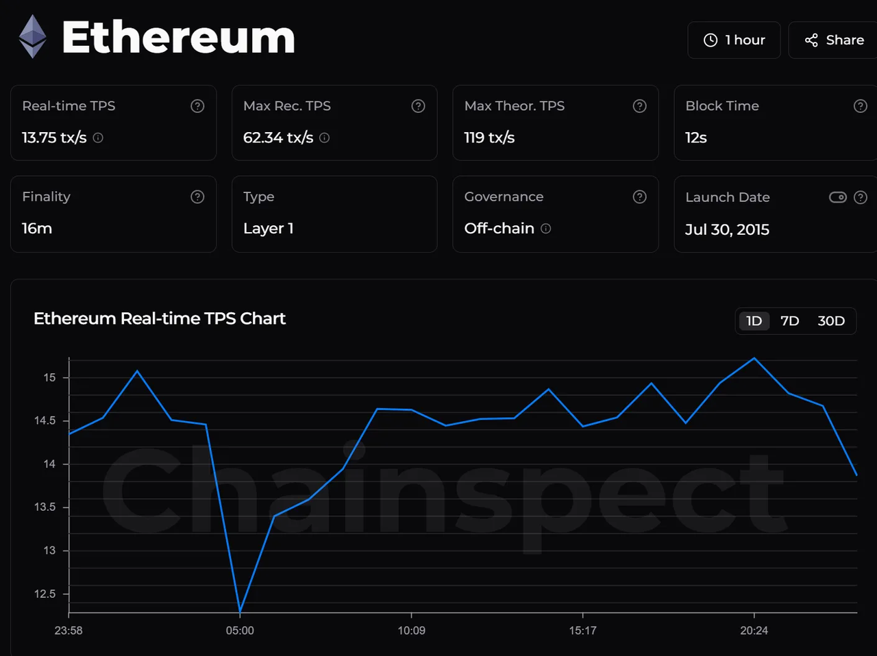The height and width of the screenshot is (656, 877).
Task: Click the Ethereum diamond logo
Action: [32, 36]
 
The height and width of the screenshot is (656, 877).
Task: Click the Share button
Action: [834, 40]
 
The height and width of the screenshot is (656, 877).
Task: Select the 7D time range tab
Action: [789, 320]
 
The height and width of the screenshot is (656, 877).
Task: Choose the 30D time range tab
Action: [830, 320]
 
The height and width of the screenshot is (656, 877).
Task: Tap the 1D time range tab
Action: [754, 320]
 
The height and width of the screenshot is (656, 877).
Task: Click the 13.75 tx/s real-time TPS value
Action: [54, 138]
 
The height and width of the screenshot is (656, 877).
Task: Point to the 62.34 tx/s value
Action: [277, 138]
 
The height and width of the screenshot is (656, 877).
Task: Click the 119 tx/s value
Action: [489, 138]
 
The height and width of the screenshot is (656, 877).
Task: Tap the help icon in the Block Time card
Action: [860, 106]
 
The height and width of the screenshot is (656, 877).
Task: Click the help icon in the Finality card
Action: [197, 197]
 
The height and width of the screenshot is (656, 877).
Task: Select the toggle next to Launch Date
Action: [837, 197]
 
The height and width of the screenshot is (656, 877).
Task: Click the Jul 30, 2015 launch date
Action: [727, 229]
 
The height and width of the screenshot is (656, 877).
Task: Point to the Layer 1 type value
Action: [268, 229]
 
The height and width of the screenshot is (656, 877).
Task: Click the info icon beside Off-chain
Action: [545, 229]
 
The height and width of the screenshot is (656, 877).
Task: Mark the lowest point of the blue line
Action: [240, 611]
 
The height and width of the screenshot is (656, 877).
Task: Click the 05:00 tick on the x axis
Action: [240, 630]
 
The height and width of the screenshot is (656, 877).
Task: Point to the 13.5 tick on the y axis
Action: [45, 507]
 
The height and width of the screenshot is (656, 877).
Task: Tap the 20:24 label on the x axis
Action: [754, 630]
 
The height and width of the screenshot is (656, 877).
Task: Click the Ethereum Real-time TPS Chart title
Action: [160, 318]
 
